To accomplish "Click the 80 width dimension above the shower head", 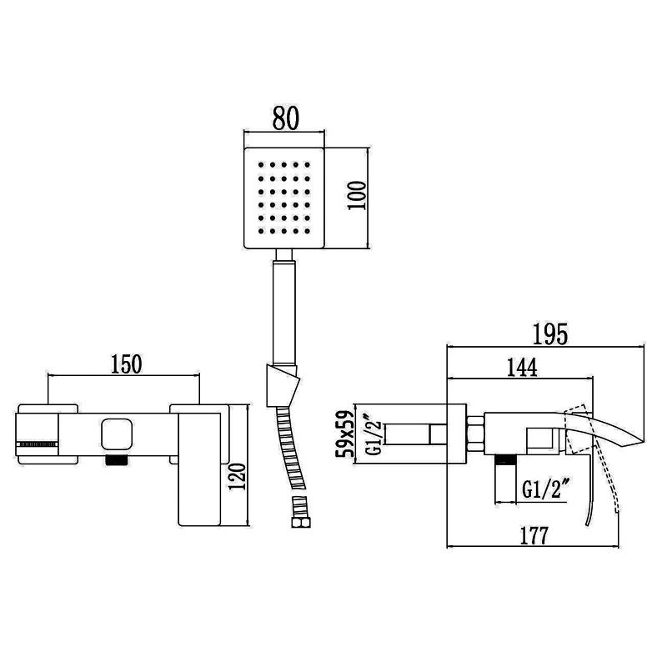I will (283, 121).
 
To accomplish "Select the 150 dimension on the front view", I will (125, 364).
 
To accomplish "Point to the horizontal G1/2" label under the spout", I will (546, 489).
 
